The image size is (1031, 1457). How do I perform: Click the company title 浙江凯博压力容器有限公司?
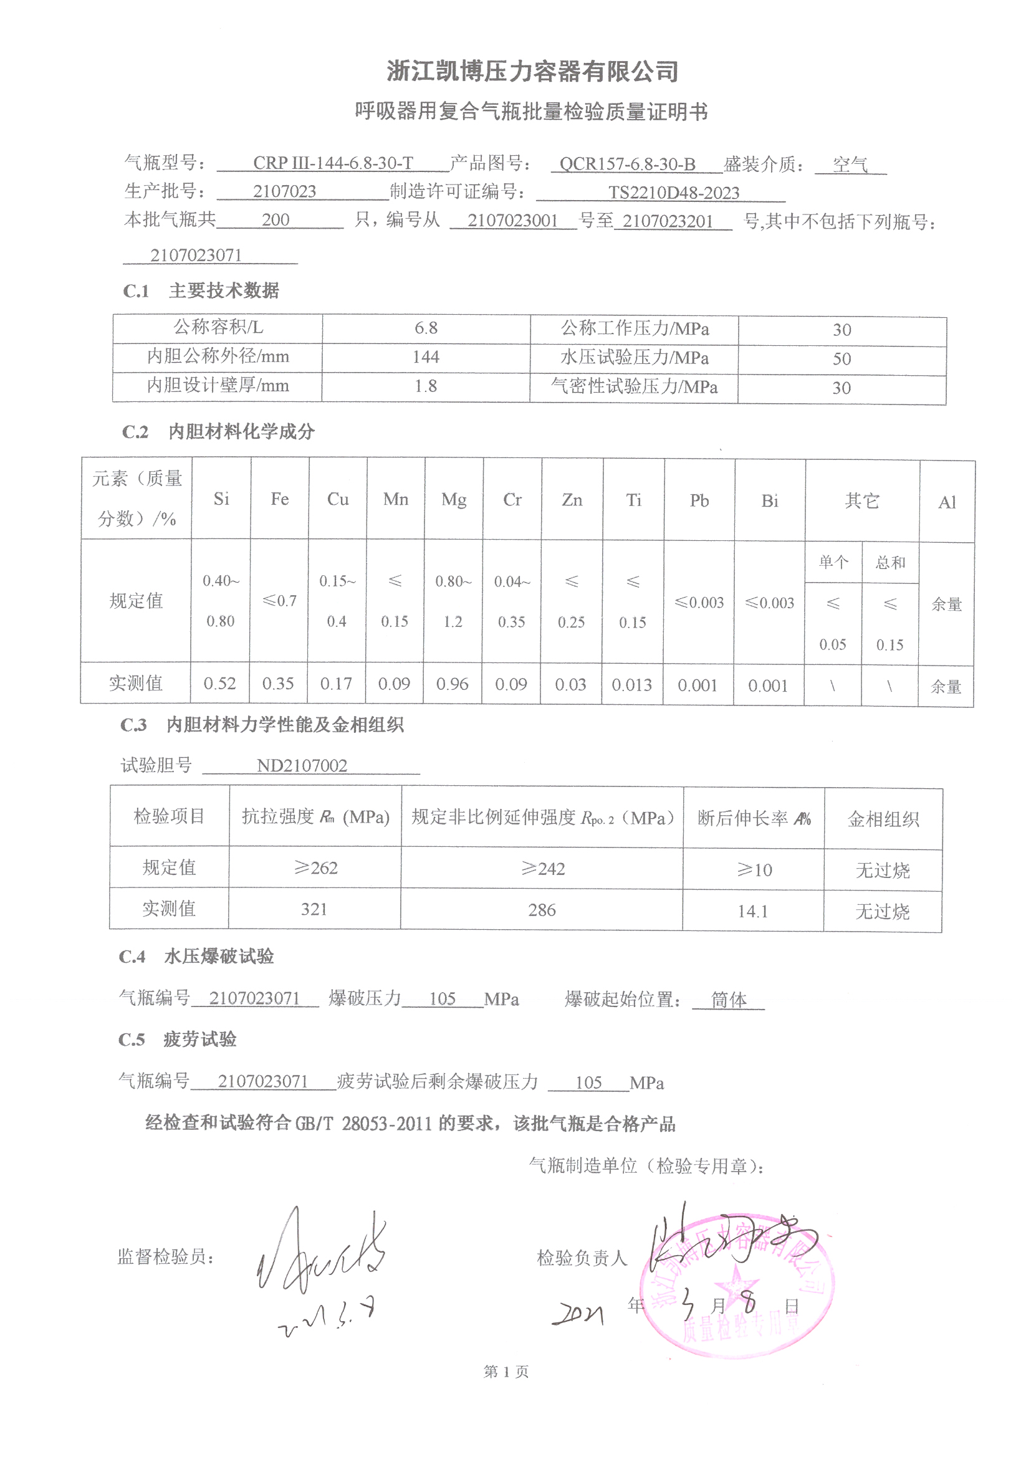coord(532,71)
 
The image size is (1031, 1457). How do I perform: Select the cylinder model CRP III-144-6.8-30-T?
coord(333,163)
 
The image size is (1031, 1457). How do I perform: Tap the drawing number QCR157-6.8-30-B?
coord(627,165)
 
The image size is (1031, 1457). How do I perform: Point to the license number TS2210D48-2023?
coord(674,193)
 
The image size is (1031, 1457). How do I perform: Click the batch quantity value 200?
coord(276,220)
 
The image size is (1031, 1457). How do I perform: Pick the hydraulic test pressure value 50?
coord(841,359)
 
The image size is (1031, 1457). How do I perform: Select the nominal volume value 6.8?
coord(426,328)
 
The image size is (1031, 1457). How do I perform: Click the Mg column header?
coord(453,499)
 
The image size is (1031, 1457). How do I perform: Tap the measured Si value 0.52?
coord(219,684)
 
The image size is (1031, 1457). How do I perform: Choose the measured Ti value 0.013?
coord(631,685)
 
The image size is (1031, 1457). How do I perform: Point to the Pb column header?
coord(699,500)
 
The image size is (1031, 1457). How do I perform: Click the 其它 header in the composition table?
coord(861,500)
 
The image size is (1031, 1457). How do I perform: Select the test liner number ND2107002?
coord(302,766)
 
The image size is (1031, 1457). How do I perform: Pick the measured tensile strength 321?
coord(314,909)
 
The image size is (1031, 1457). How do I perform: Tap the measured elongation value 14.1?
coord(753,911)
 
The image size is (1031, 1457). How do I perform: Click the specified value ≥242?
coord(542,869)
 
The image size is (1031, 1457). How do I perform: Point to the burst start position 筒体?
coord(728,1000)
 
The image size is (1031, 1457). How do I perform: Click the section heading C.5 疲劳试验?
coord(178,1039)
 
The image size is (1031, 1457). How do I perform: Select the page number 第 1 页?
coord(506,1372)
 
